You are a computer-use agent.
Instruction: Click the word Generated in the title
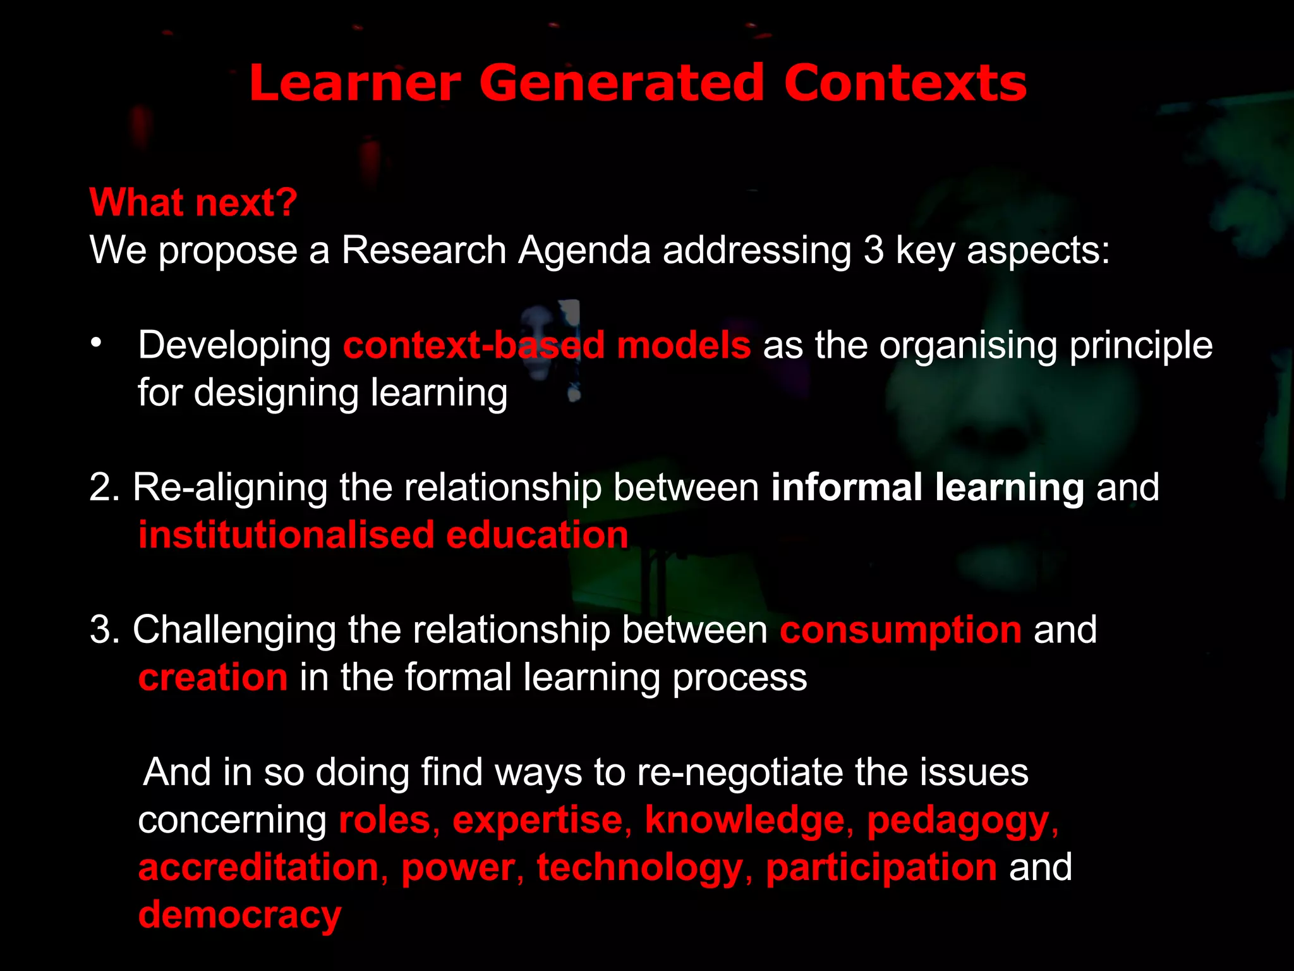(x=622, y=84)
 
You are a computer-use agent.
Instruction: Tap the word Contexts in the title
(x=905, y=84)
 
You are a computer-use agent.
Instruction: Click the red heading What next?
(x=193, y=203)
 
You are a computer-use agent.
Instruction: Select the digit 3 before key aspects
(x=873, y=250)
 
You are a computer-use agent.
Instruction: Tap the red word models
(x=684, y=345)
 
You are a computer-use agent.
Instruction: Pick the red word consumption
(x=900, y=631)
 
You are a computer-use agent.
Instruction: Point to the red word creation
(x=213, y=677)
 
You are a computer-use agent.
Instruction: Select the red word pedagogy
(x=958, y=821)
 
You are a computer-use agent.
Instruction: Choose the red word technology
(x=639, y=868)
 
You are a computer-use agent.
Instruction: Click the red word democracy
(x=239, y=915)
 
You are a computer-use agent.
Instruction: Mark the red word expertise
(x=538, y=821)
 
